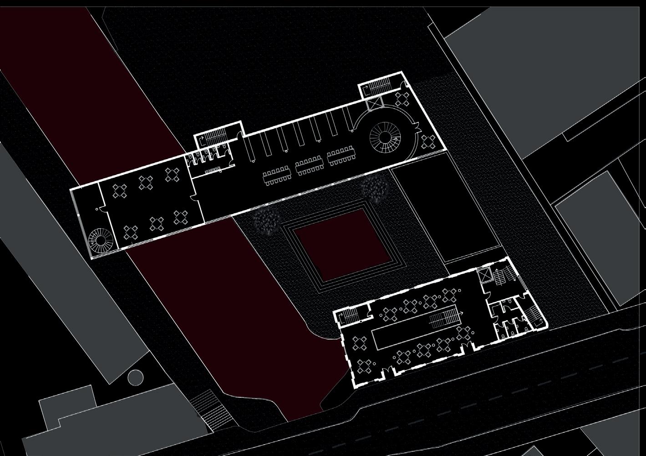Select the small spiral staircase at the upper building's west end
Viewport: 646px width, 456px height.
pos(97,238)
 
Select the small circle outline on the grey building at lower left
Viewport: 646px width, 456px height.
pos(135,376)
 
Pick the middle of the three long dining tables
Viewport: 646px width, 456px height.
pos(309,166)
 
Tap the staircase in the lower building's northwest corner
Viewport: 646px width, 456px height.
pos(351,316)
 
